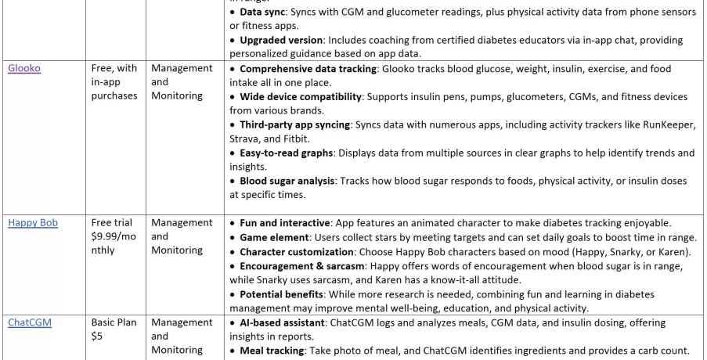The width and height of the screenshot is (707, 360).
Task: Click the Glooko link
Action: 24,68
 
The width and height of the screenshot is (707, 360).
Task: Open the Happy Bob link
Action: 33,222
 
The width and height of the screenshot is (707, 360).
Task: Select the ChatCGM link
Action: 30,322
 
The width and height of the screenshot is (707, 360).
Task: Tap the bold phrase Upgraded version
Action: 281,40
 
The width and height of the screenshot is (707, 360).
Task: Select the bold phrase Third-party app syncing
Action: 292,124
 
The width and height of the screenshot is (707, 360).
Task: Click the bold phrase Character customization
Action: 297,252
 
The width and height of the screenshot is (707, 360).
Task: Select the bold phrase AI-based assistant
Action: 283,322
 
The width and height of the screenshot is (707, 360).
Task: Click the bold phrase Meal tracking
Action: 272,351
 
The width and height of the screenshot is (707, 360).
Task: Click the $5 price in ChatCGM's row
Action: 98,337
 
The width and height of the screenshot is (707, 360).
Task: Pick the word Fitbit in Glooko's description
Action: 286,139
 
